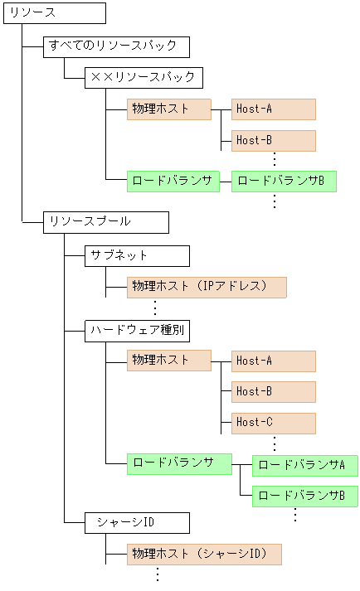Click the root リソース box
55,13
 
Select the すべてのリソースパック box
117,46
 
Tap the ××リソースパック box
143,78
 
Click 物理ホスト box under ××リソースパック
168,109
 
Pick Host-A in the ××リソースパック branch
273,109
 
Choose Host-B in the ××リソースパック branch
273,141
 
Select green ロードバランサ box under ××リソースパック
173,181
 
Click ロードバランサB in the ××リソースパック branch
284,181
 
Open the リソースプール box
106,222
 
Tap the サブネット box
137,255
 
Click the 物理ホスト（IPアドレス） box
206,287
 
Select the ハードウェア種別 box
137,330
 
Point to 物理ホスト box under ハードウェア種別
168,361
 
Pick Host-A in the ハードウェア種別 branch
273,361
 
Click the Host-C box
273,423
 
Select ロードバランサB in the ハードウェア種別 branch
304,496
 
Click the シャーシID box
137,523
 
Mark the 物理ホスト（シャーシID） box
204,555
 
